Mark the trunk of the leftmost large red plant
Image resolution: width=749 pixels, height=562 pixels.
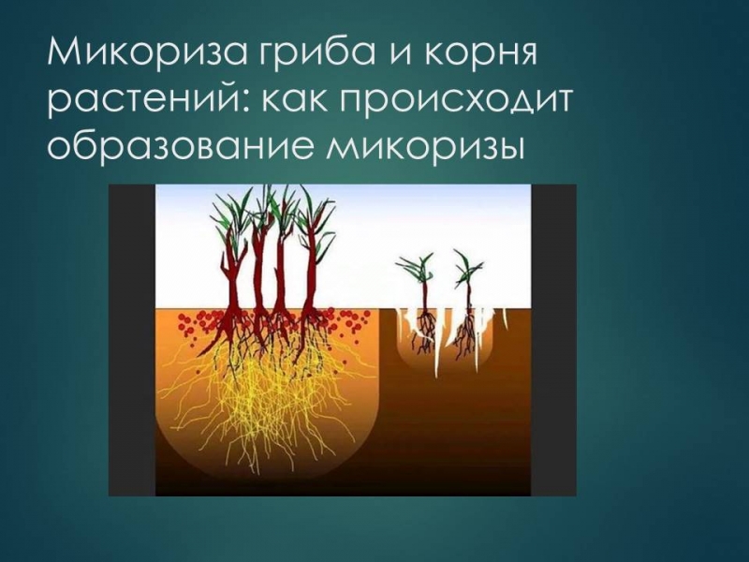[234, 282]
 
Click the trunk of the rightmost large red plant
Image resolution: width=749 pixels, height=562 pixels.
[311, 282]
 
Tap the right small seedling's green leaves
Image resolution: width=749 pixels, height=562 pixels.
[463, 266]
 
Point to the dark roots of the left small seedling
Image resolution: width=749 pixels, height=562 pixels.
[424, 333]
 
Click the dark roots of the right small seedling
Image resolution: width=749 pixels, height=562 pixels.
[464, 333]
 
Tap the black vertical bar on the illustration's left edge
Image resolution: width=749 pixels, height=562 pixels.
[132, 340]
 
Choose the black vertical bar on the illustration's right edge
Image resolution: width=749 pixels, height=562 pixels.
[553, 340]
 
